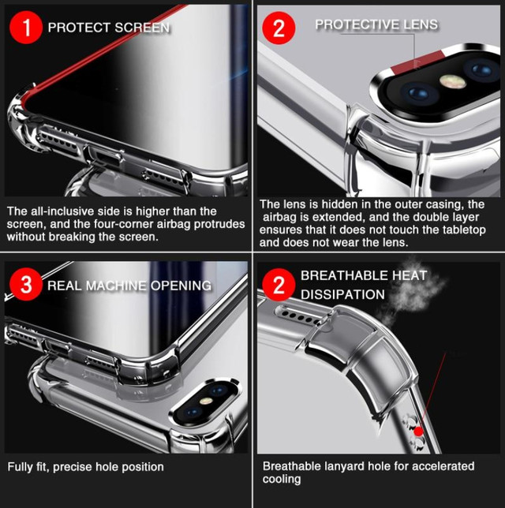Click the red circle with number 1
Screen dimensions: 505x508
(x=26, y=27)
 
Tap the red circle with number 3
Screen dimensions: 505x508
(x=26, y=285)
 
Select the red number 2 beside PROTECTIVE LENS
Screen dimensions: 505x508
(x=279, y=28)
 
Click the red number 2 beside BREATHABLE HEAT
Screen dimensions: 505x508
(x=279, y=285)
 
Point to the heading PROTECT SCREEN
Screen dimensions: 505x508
(x=109, y=28)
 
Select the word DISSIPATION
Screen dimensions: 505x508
(x=342, y=294)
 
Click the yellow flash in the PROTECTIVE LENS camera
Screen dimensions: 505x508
(x=452, y=81)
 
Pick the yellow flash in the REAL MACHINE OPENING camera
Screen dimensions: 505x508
(x=206, y=401)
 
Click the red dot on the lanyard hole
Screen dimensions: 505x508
(x=418, y=431)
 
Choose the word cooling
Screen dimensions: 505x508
(x=282, y=479)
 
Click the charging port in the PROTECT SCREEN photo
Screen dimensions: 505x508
(x=103, y=155)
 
